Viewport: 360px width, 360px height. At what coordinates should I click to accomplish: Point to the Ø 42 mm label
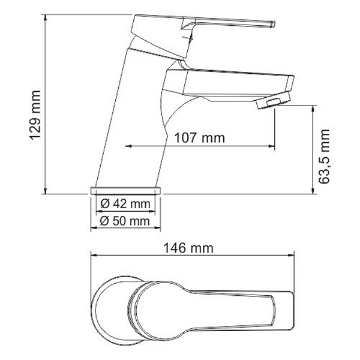tap(125, 204)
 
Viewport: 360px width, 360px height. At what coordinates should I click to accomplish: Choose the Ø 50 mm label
tap(125, 221)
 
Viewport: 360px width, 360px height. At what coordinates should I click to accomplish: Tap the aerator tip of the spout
tap(274, 103)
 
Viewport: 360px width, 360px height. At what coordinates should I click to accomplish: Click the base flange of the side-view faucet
tap(127, 190)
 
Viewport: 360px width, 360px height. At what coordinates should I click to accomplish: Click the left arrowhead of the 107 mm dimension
tap(129, 146)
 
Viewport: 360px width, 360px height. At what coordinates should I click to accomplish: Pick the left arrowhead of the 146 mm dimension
tap(94, 255)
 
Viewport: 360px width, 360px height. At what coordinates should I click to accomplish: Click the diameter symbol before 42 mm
tap(105, 204)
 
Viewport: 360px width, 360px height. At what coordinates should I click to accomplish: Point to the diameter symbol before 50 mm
tap(105, 221)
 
